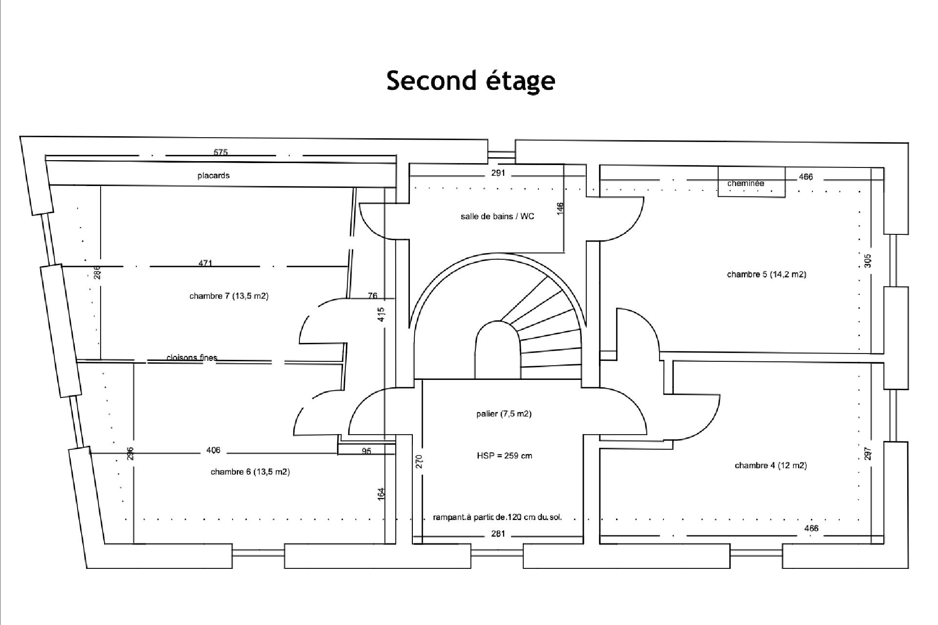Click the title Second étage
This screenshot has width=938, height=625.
(x=470, y=81)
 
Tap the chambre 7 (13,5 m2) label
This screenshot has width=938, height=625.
(x=229, y=296)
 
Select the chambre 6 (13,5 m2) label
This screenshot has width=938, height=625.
(x=250, y=472)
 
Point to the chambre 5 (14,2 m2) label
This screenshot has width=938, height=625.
(x=767, y=274)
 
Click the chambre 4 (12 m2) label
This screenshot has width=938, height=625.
(x=770, y=465)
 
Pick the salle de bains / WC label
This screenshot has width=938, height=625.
(x=497, y=216)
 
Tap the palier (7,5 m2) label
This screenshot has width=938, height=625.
(x=504, y=414)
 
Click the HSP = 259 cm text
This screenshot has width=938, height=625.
(x=504, y=456)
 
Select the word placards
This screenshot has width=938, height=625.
(x=213, y=175)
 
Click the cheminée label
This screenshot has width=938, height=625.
(x=746, y=183)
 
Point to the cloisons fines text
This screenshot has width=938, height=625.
(x=192, y=357)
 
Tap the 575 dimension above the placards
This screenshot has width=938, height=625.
(x=221, y=152)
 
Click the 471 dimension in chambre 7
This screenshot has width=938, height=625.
(x=205, y=263)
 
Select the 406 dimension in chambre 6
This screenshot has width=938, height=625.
(x=213, y=450)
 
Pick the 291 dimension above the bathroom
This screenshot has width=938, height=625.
(x=498, y=173)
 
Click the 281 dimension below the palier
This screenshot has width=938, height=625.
(x=498, y=534)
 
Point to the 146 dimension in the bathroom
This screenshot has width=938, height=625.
(x=560, y=208)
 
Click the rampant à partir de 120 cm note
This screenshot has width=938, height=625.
(x=497, y=517)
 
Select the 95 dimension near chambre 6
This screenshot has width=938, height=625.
(x=366, y=451)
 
